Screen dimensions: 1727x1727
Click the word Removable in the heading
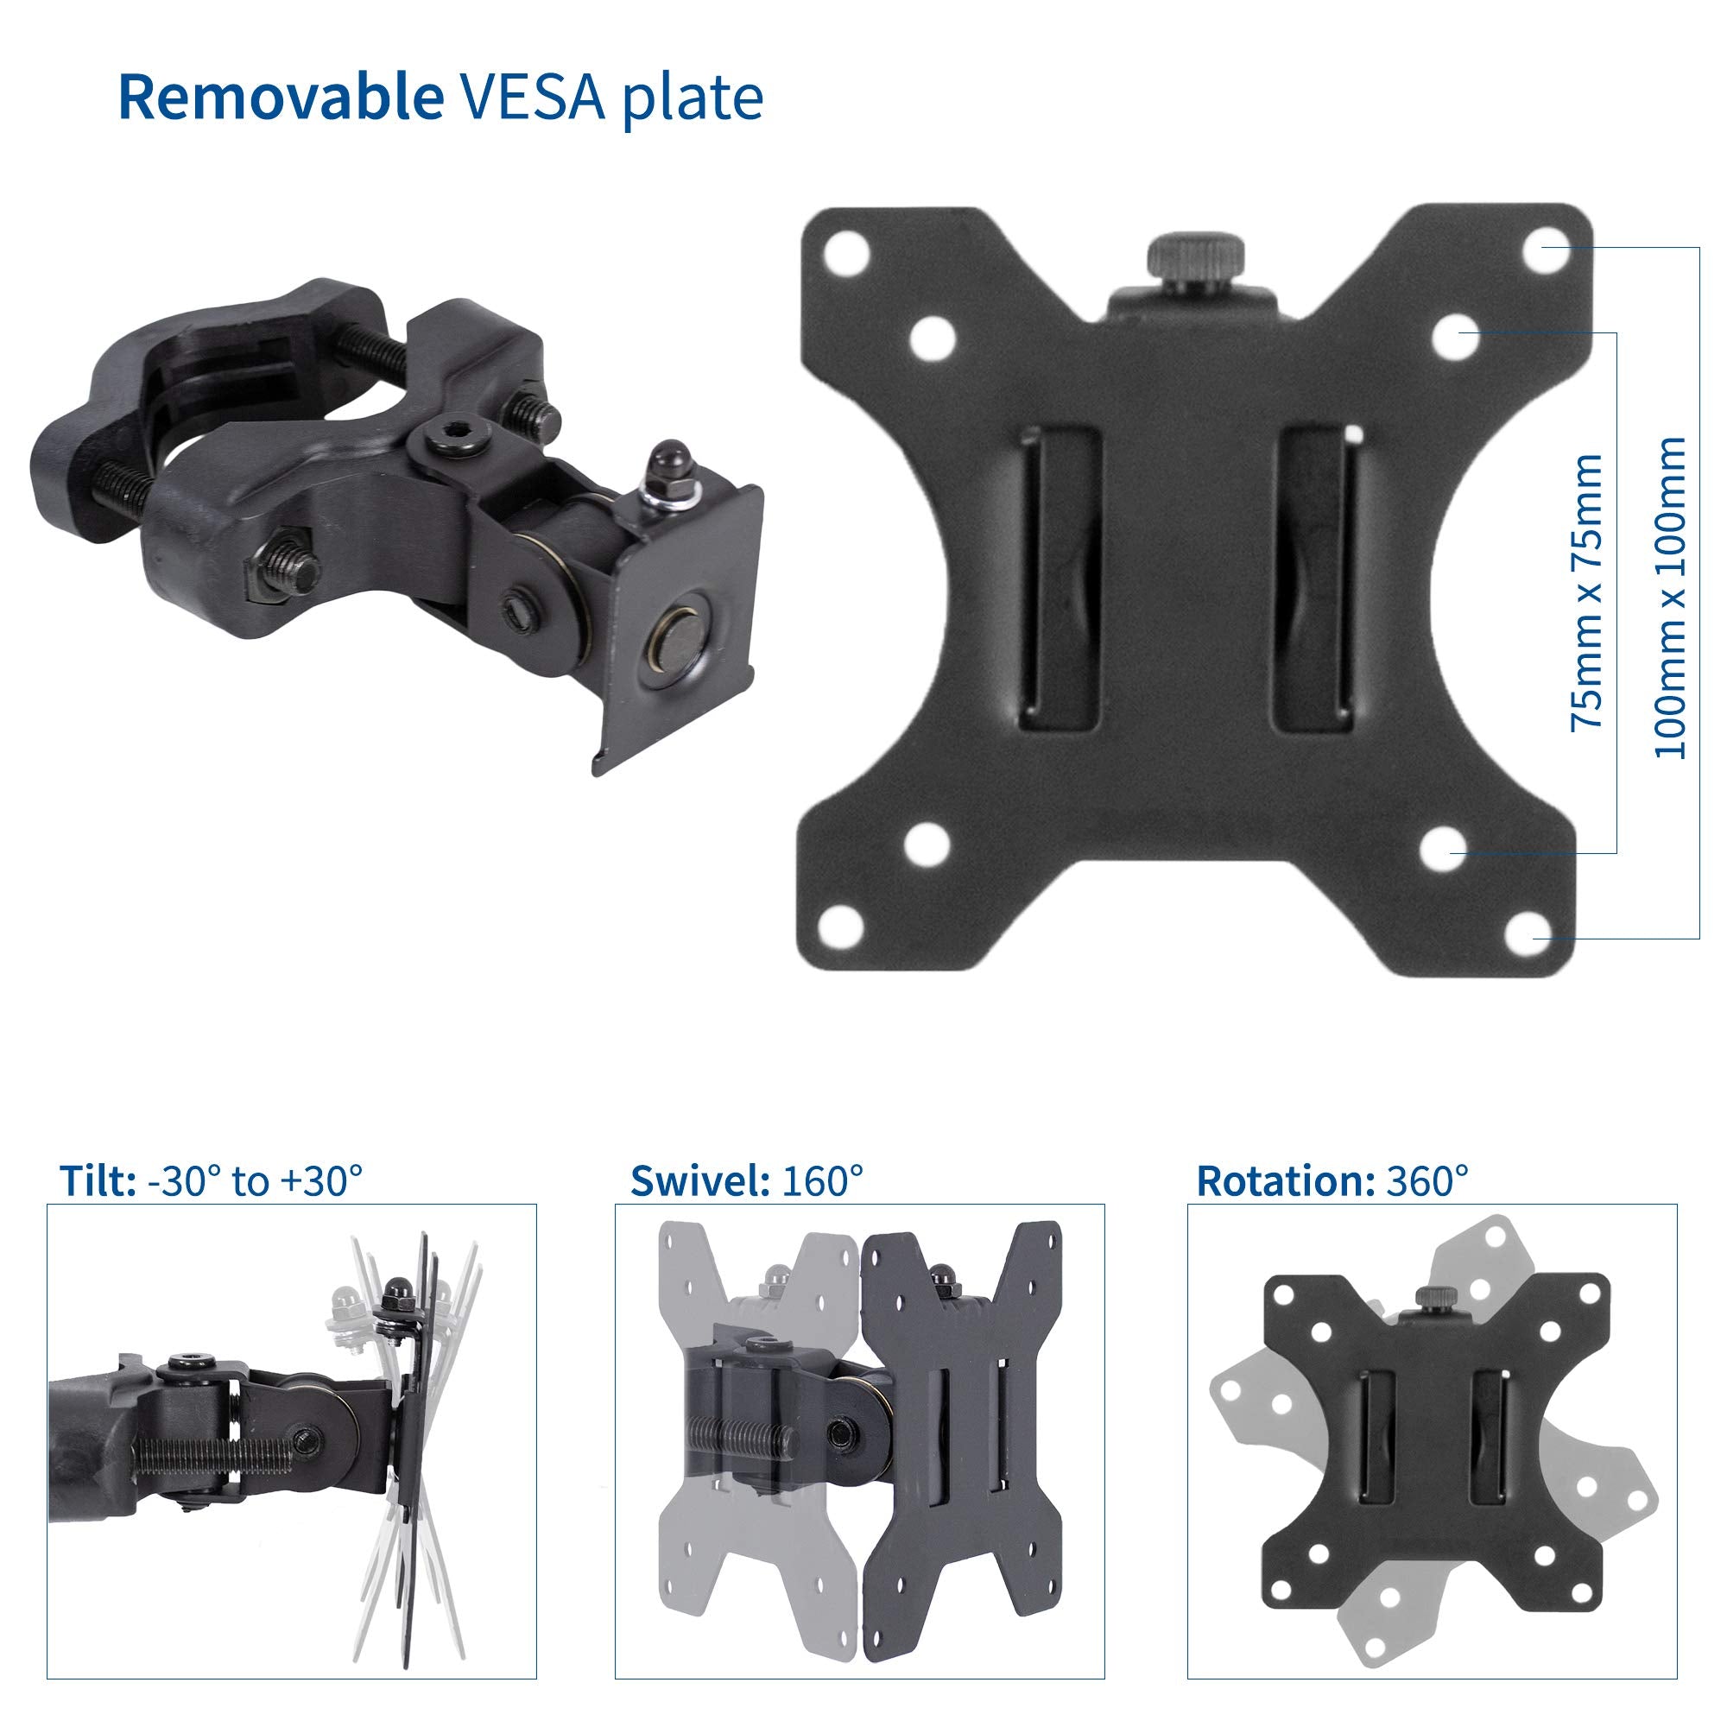280,98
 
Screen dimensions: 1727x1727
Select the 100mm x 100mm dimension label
1669,598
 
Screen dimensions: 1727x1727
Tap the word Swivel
700,1180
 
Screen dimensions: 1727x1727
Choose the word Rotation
1285,1180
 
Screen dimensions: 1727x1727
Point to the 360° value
1427,1180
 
